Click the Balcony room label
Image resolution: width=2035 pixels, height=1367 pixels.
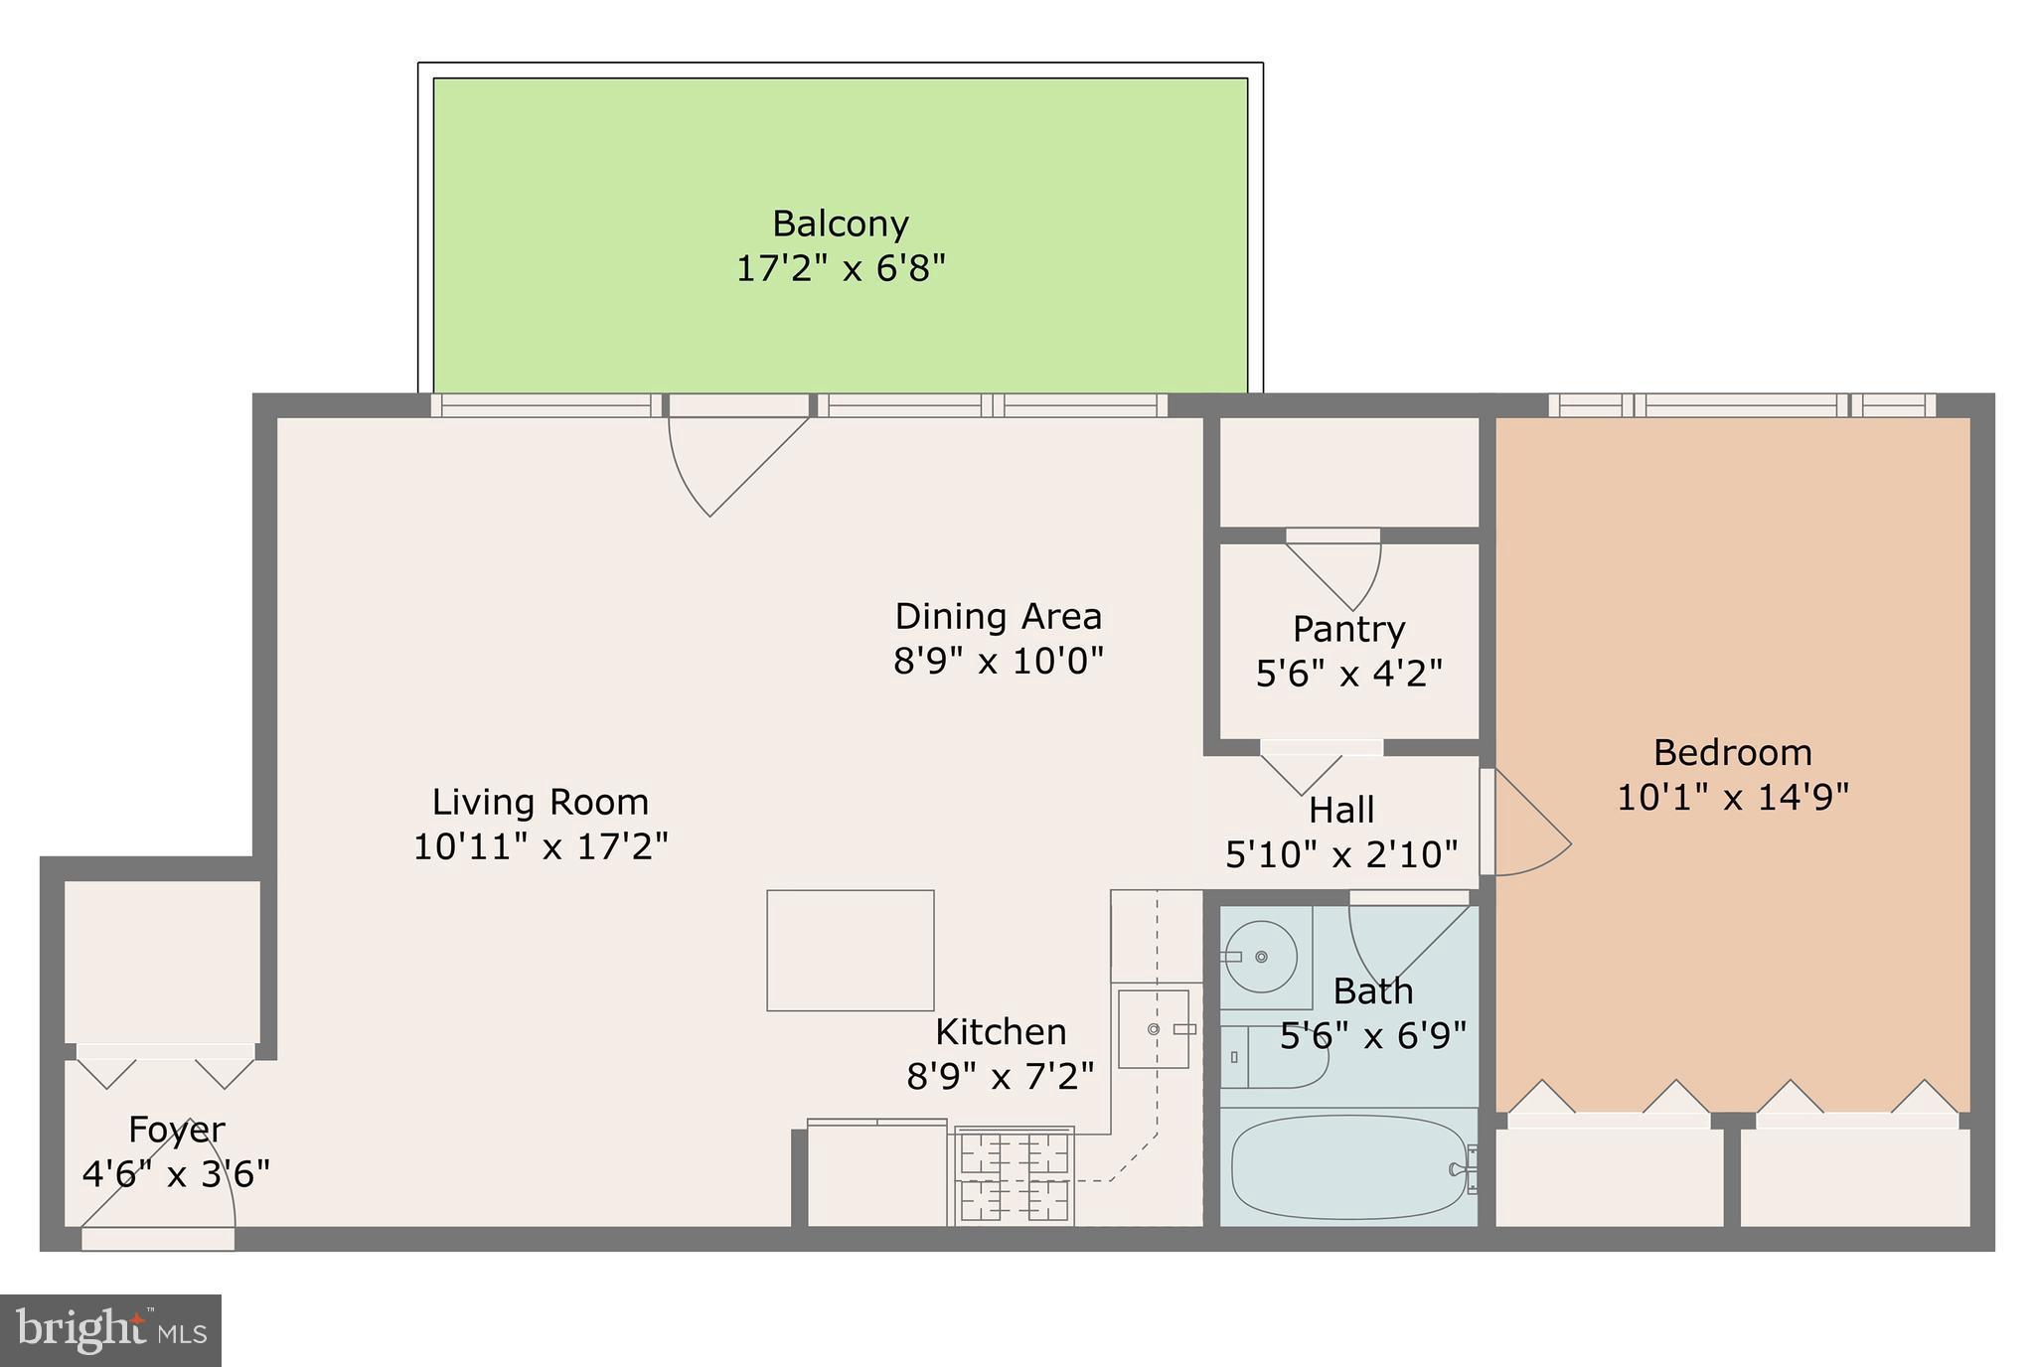[840, 224]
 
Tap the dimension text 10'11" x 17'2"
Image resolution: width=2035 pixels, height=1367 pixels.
[541, 846]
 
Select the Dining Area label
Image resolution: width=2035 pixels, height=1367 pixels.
[998, 616]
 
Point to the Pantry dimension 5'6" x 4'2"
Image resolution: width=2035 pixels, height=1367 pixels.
[1348, 674]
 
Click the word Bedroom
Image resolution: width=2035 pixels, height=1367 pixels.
[1732, 752]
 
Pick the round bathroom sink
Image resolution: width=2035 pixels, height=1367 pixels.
[1260, 957]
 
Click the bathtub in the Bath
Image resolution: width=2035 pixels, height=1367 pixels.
[1348, 1166]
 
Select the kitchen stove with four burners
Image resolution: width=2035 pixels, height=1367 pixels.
[1014, 1177]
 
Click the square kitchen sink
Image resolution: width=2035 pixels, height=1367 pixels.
[1153, 1029]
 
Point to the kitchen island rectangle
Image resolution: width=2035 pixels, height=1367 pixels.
[850, 950]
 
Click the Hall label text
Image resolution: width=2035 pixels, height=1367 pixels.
[1341, 810]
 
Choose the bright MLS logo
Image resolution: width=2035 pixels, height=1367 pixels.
[110, 1330]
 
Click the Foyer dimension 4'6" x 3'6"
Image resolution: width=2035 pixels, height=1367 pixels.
[176, 1174]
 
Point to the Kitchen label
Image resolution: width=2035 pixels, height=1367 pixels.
[1001, 1031]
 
